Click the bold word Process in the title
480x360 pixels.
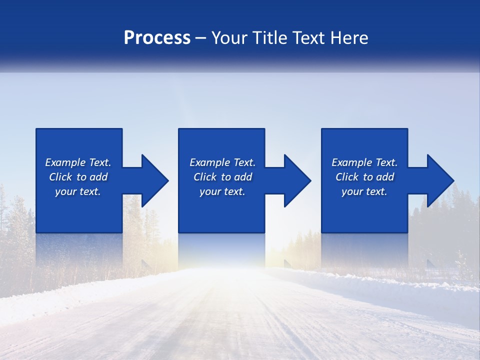click(157, 38)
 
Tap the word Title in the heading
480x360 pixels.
click(269, 38)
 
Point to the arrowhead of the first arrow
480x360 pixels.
click(155, 180)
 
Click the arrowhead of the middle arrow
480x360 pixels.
click(297, 180)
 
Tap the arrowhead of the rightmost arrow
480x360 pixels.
click(440, 180)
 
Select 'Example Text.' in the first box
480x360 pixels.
click(78, 162)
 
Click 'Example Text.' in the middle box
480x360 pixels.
click(222, 162)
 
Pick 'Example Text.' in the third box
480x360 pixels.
click(364, 162)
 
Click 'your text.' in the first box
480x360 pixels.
click(78, 191)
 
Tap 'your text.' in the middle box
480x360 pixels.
click(222, 191)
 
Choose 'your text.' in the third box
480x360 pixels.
click(364, 191)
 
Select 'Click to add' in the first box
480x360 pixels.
click(78, 177)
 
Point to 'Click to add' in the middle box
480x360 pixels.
click(222, 177)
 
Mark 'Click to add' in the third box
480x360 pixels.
click(364, 177)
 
